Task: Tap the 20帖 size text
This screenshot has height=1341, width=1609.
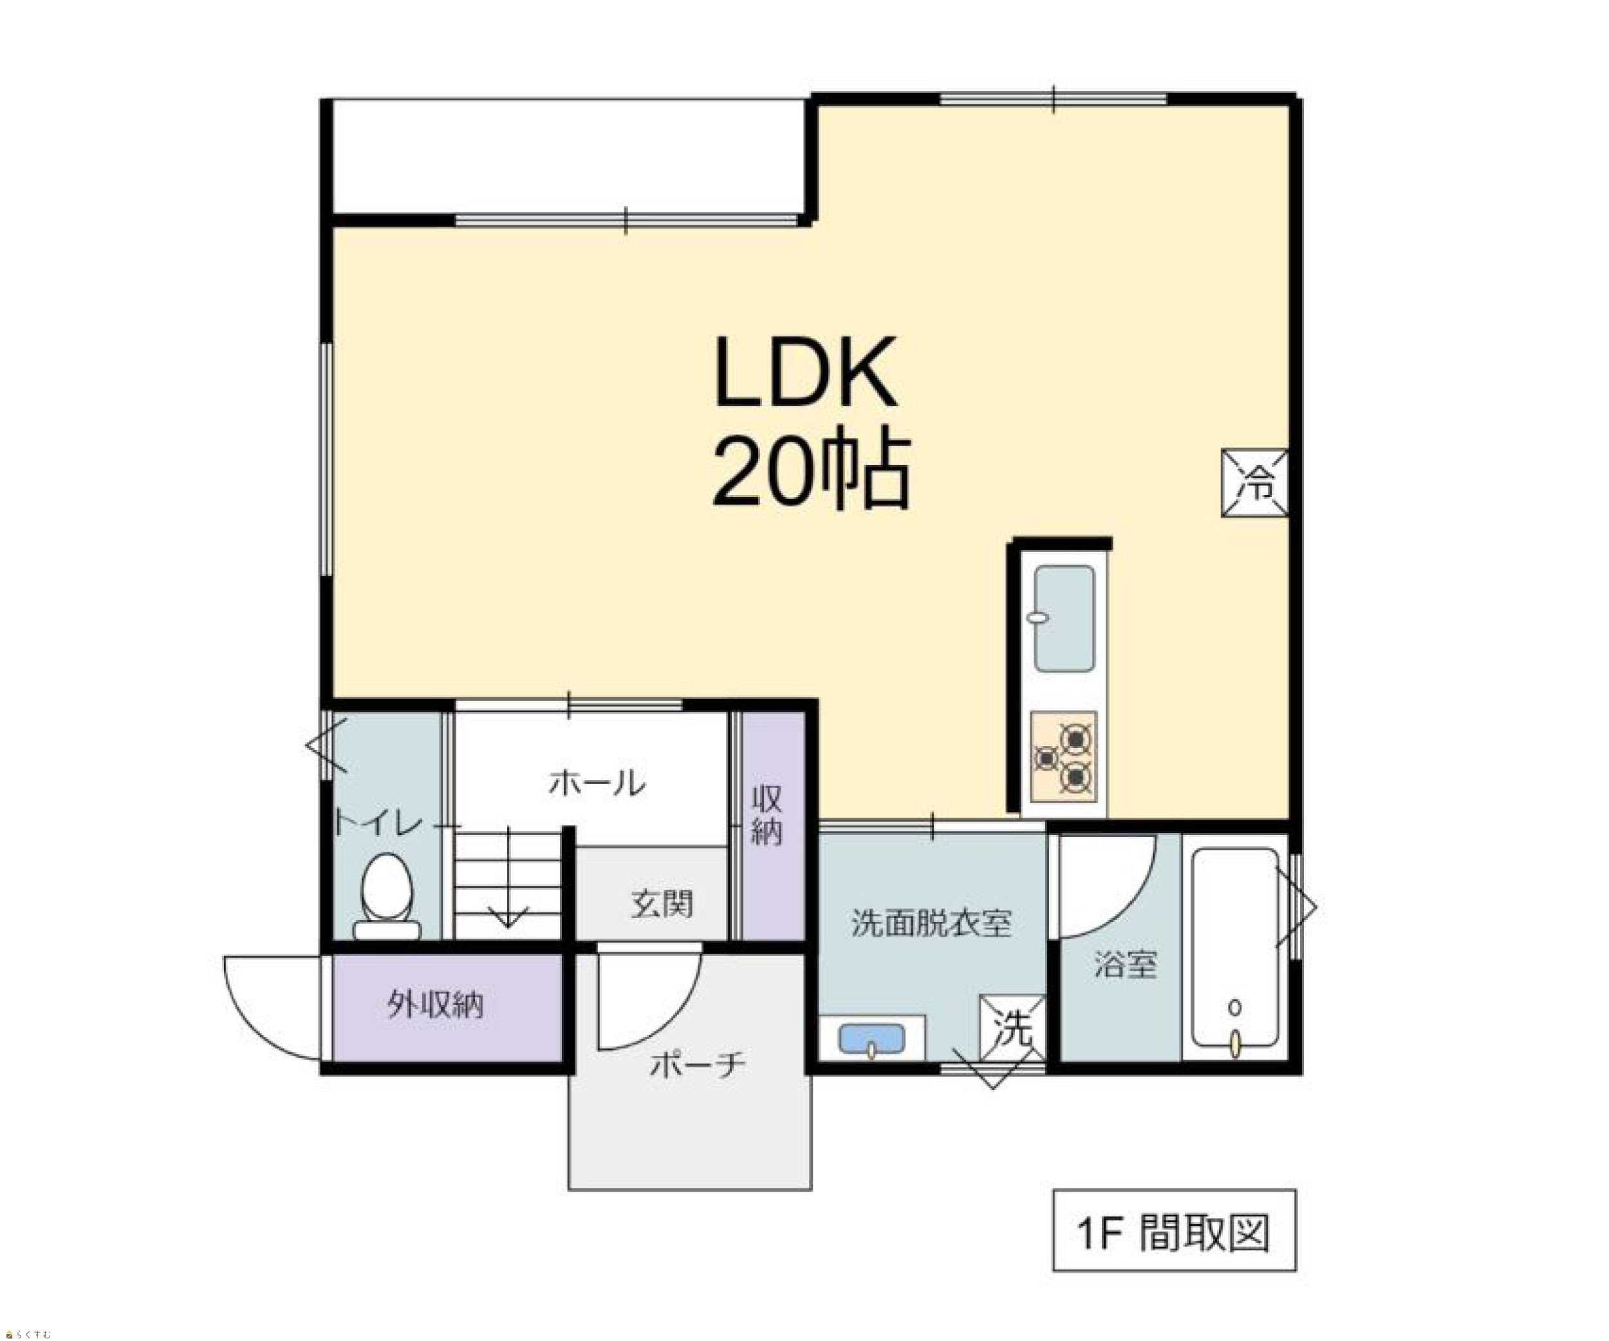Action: [x=812, y=471]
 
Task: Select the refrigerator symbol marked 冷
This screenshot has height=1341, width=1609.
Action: [x=1254, y=483]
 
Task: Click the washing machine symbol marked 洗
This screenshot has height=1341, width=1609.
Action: [x=1013, y=1028]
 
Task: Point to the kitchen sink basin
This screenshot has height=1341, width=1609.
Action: [x=1065, y=619]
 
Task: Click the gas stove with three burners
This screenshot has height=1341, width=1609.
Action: [x=1063, y=757]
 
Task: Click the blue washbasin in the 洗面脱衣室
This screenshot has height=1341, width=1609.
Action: [x=872, y=1038]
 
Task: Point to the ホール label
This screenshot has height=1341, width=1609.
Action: [x=597, y=783]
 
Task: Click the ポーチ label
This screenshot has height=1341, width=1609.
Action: [x=697, y=1064]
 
